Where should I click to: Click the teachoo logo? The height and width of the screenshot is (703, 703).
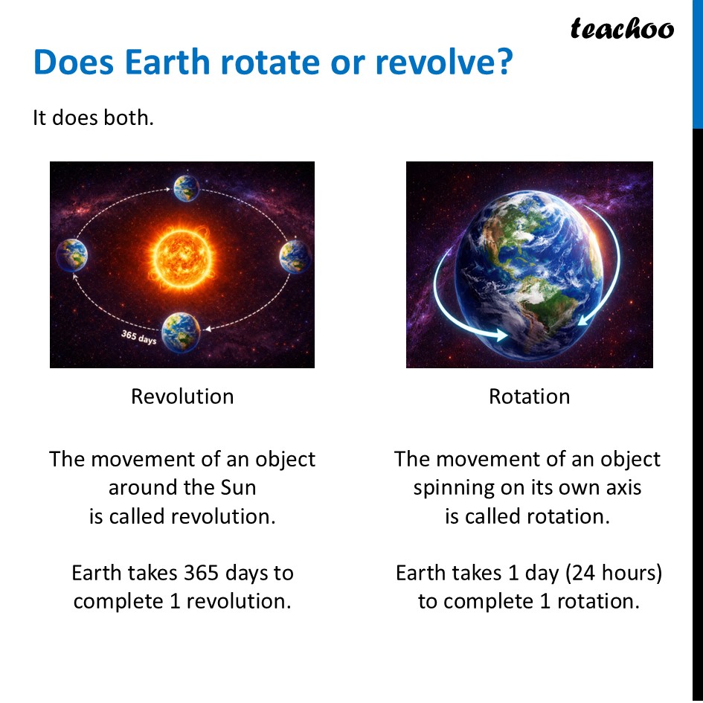coord(622,29)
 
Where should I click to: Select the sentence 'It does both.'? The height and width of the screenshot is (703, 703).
coord(93,118)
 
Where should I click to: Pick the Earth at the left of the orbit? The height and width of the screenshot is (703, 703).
coord(72,255)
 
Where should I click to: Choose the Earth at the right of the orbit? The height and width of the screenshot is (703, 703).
coord(295,257)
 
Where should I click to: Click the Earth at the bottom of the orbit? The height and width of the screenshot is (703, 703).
coord(181,331)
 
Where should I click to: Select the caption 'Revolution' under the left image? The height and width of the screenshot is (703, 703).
coord(182,397)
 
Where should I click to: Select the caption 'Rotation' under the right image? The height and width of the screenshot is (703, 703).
coord(529,397)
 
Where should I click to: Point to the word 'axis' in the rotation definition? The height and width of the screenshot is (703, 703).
coord(619,488)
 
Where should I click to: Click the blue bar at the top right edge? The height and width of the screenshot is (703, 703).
coord(698,63)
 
